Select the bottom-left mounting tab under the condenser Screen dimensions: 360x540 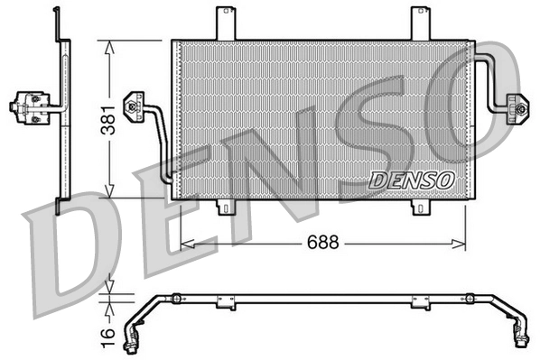click(x=227, y=208)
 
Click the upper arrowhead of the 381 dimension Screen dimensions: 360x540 click(x=108, y=44)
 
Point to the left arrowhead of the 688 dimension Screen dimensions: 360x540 click(x=186, y=243)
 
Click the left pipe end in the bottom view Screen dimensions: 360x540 click(x=135, y=341)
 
